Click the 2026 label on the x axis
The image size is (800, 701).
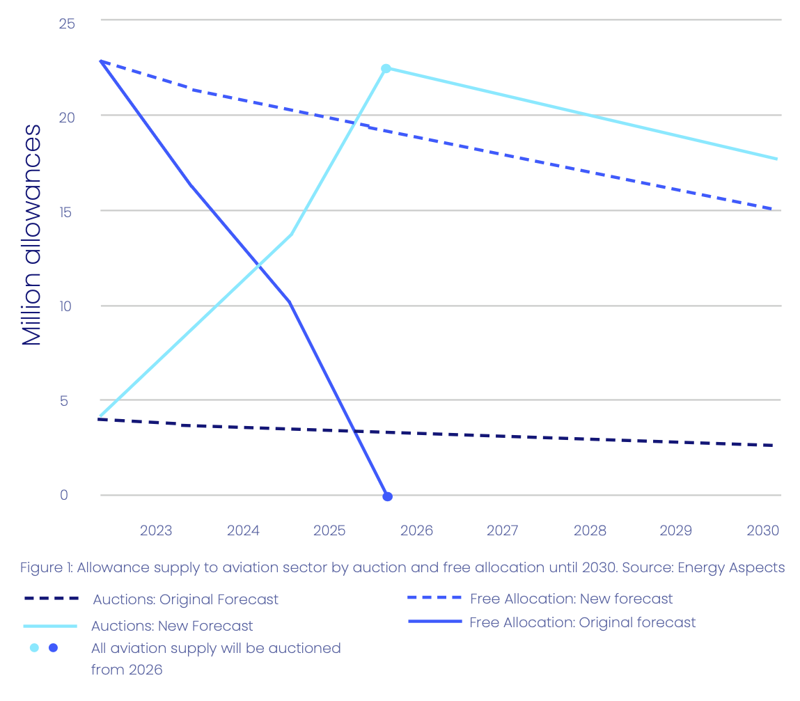pyautogui.click(x=416, y=530)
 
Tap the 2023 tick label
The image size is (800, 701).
pyautogui.click(x=156, y=530)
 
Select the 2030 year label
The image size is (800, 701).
pyautogui.click(x=762, y=530)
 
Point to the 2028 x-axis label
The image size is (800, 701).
pyautogui.click(x=590, y=530)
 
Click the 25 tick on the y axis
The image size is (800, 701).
pyautogui.click(x=67, y=24)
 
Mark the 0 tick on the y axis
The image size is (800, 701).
pyautogui.click(x=64, y=495)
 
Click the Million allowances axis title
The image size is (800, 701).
pyautogui.click(x=32, y=235)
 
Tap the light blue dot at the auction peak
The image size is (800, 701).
pyautogui.click(x=386, y=68)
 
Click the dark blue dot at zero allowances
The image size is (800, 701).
pyautogui.click(x=388, y=496)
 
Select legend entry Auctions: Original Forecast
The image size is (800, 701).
pyautogui.click(x=185, y=599)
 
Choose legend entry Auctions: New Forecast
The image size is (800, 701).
pyautogui.click(x=172, y=626)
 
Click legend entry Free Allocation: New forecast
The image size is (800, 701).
pyautogui.click(x=571, y=599)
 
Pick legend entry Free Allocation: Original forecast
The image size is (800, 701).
pyautogui.click(x=582, y=622)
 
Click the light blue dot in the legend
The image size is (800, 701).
pyautogui.click(x=34, y=648)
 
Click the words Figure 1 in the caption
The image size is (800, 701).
pyautogui.click(x=46, y=567)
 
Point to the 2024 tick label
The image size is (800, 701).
pyautogui.click(x=243, y=530)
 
